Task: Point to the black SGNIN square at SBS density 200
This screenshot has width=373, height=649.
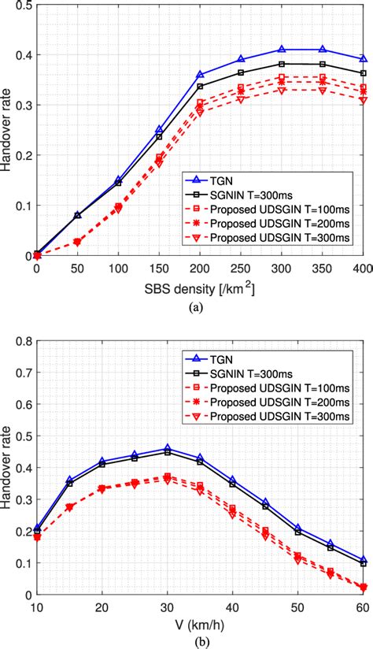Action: click(x=200, y=86)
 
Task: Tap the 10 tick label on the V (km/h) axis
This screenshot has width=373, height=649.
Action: click(x=36, y=607)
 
